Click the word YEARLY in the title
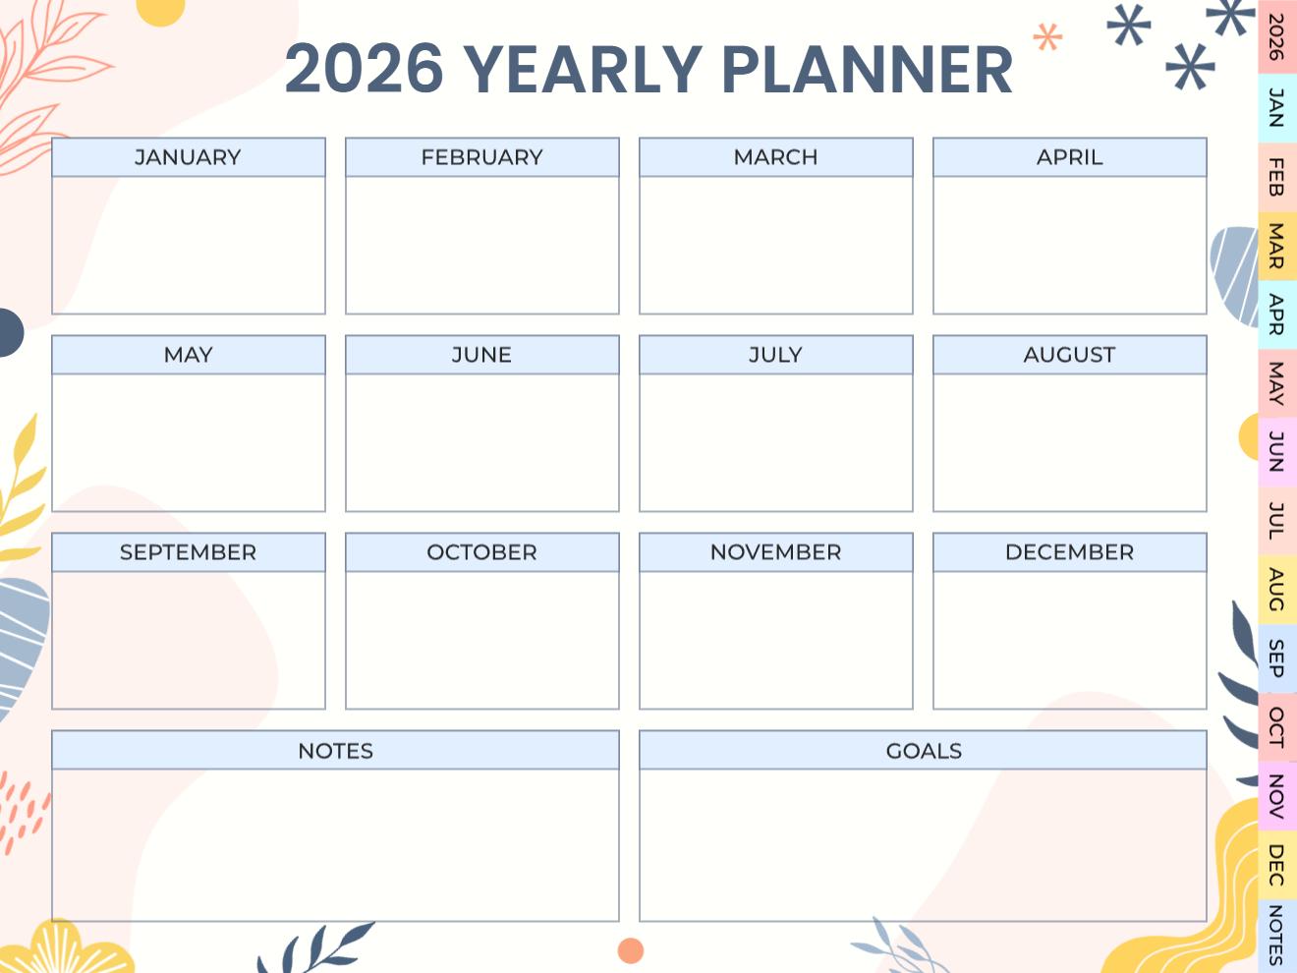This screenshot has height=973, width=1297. pyautogui.click(x=582, y=70)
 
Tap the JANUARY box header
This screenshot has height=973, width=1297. pyautogui.click(x=188, y=157)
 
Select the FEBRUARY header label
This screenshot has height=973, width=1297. pyautogui.click(x=481, y=157)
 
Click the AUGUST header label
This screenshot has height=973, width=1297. pyautogui.click(x=1069, y=355)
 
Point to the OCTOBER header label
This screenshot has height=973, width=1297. pyautogui.click(x=481, y=552)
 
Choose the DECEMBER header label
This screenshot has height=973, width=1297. pyautogui.click(x=1069, y=552)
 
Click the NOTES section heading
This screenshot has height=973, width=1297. pyautogui.click(x=335, y=751)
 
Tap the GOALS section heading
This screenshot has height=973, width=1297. pyautogui.click(x=923, y=751)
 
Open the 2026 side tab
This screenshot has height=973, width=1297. pyautogui.click(x=1276, y=36)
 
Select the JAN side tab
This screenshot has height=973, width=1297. pyautogui.click(x=1276, y=107)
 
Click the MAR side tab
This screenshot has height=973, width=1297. pyautogui.click(x=1276, y=246)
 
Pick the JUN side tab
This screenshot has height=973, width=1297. pyautogui.click(x=1276, y=451)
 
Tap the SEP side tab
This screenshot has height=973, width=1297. pyautogui.click(x=1276, y=658)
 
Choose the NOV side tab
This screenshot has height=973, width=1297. pyautogui.click(x=1276, y=796)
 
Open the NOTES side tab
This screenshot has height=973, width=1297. pyautogui.click(x=1276, y=935)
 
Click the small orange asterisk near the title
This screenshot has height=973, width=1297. pyautogui.click(x=1047, y=39)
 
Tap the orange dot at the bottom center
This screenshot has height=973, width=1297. pyautogui.click(x=630, y=950)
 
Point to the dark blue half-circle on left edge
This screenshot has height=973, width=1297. pyautogui.click(x=9, y=331)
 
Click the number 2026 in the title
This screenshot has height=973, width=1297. pyautogui.click(x=364, y=70)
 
